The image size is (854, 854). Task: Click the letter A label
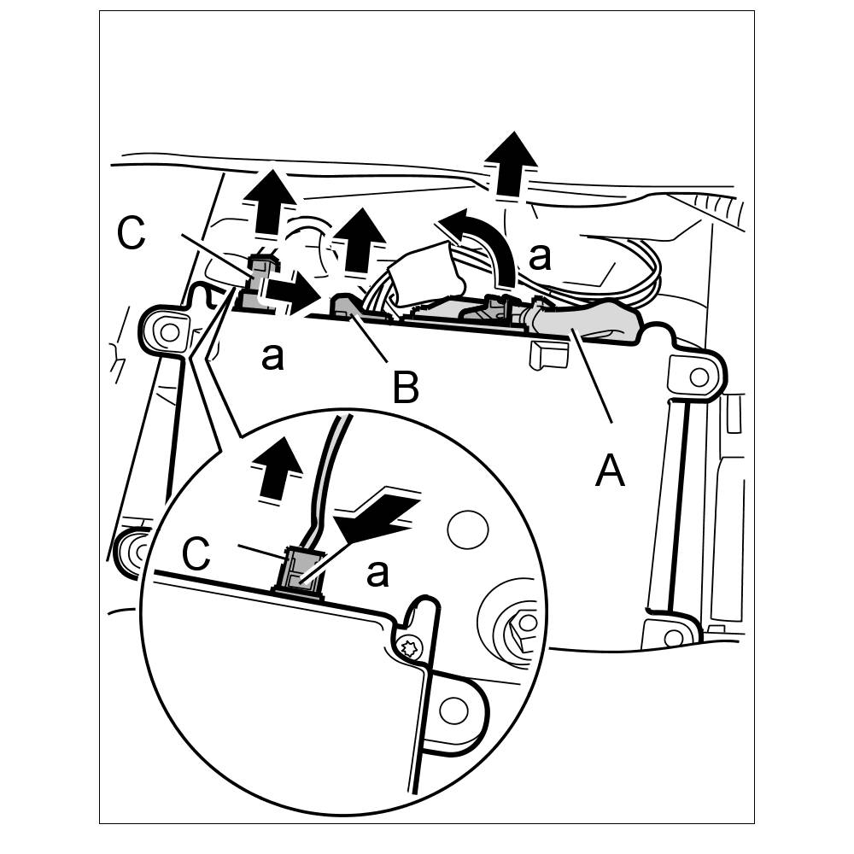pos(610,471)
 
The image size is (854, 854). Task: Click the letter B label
pos(406,389)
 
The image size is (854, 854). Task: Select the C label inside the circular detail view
pos(197,555)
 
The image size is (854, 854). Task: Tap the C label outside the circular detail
pos(131,233)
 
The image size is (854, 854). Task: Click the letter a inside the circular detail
pos(377,575)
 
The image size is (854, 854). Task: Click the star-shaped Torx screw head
pos(408,647)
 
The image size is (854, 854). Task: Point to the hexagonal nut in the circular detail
pos(519,623)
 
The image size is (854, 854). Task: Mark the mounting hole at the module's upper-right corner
pos(698,376)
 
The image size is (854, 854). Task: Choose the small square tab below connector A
pos(548,354)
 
